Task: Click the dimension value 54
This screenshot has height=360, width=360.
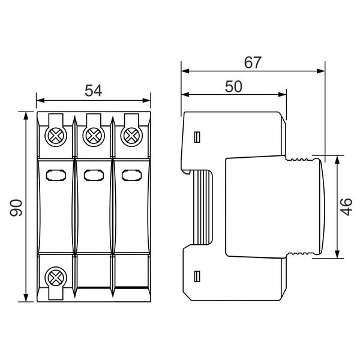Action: [93, 91]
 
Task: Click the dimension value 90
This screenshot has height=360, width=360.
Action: [16, 208]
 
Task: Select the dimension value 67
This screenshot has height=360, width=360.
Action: [253, 62]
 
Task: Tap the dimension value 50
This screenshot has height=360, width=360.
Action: [233, 86]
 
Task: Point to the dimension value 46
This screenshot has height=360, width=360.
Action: [346, 207]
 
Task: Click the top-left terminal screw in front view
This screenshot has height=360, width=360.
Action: [56, 136]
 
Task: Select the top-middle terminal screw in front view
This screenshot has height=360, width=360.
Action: [94, 136]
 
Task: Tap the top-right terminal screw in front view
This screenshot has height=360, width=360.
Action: [131, 136]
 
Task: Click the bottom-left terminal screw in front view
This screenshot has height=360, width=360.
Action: [56, 278]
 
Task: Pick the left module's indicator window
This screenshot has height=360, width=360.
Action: [56, 175]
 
